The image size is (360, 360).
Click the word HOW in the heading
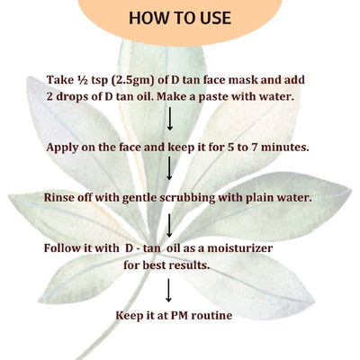click(x=148, y=18)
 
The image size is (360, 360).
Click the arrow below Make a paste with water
click(x=169, y=119)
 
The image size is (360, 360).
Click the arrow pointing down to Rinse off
click(x=169, y=169)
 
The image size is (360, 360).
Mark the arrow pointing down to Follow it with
click(x=169, y=223)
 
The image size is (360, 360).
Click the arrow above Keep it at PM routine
click(x=169, y=290)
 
